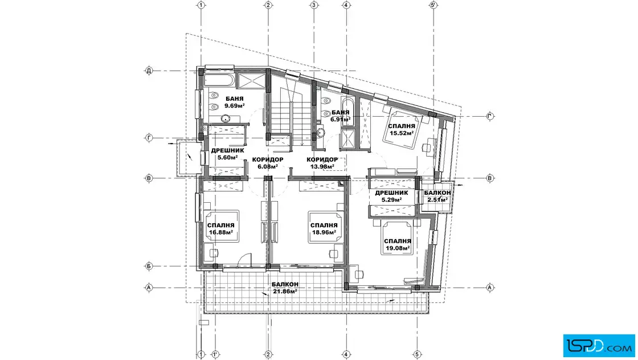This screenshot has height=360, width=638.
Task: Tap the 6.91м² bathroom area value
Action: [341, 120]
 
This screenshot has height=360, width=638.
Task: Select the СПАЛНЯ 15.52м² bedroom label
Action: [402, 129]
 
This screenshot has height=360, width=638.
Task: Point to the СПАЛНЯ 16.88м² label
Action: [221, 229]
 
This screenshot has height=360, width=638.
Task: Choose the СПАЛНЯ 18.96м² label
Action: [324, 229]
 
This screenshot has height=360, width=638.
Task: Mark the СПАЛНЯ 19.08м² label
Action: [398, 244]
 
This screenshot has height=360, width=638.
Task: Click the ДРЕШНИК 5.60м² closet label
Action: [227, 154]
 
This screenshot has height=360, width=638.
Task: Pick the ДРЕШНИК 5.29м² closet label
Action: [391, 196]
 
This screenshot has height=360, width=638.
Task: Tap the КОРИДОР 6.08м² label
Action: [268, 163]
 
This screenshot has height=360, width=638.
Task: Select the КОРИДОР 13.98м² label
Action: [322, 163]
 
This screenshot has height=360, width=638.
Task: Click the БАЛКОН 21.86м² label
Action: [285, 288]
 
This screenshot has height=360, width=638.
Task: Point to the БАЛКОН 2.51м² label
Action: [437, 196]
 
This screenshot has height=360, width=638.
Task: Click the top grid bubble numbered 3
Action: [314, 5]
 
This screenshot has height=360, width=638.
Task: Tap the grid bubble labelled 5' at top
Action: [433, 5]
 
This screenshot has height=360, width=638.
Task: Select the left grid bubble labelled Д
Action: [149, 71]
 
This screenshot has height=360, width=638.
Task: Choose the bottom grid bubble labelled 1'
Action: [215, 355]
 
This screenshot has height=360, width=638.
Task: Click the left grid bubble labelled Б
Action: [149, 267]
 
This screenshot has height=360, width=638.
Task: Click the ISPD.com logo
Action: [599, 346]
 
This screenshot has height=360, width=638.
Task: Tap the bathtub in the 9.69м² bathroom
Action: [219, 80]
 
